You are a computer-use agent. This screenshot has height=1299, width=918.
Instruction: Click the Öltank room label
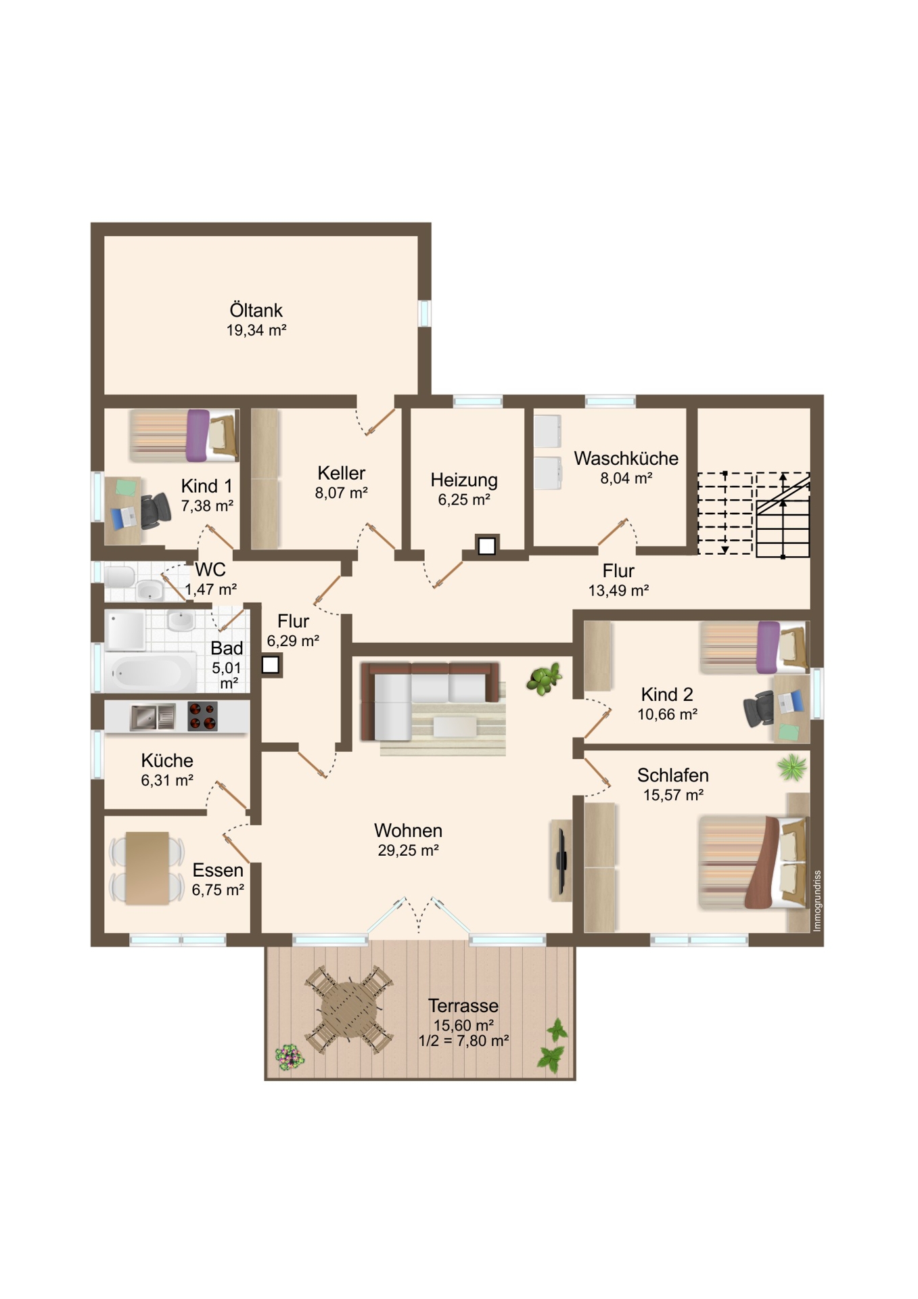[x=256, y=311]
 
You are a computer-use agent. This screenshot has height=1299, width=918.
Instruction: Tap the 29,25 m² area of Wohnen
[x=408, y=850]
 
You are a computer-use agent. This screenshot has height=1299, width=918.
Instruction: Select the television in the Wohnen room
[x=561, y=860]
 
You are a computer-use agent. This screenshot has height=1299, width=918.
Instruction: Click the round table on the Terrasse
[x=349, y=1010]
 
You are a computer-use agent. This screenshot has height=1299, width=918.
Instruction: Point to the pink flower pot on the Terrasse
[x=289, y=1056]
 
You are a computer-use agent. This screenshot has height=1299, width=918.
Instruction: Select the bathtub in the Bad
[x=150, y=673]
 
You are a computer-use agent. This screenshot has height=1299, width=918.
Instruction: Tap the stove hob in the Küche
[x=202, y=716]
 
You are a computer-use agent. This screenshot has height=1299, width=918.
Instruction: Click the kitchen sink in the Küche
[x=153, y=717]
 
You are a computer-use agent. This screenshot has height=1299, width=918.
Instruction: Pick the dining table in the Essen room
[x=147, y=868]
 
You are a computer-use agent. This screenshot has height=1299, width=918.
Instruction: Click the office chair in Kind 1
[x=155, y=509]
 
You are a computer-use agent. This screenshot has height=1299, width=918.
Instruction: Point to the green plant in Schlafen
[x=791, y=768]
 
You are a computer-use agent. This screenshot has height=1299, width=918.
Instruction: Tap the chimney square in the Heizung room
[x=486, y=545]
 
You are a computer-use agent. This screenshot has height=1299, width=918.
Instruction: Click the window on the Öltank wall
[x=424, y=313]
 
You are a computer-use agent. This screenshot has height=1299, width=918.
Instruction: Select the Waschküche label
[x=626, y=458]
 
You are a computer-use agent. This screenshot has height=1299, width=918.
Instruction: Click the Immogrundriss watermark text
[x=817, y=901]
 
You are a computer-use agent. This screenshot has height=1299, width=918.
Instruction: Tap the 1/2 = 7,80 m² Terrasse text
[x=463, y=1041]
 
